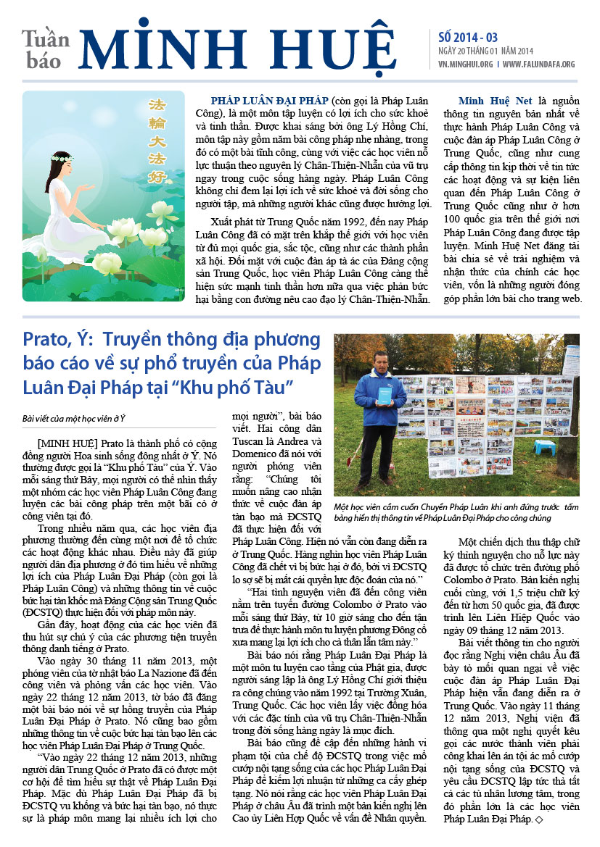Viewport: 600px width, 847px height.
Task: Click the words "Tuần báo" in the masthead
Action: pyautogui.click(x=46, y=49)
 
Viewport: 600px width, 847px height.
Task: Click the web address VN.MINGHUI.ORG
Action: pyautogui.click(x=466, y=64)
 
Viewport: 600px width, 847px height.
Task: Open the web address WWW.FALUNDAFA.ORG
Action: pyautogui.click(x=539, y=64)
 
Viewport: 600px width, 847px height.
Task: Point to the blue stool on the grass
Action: pyautogui.click(x=545, y=446)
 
